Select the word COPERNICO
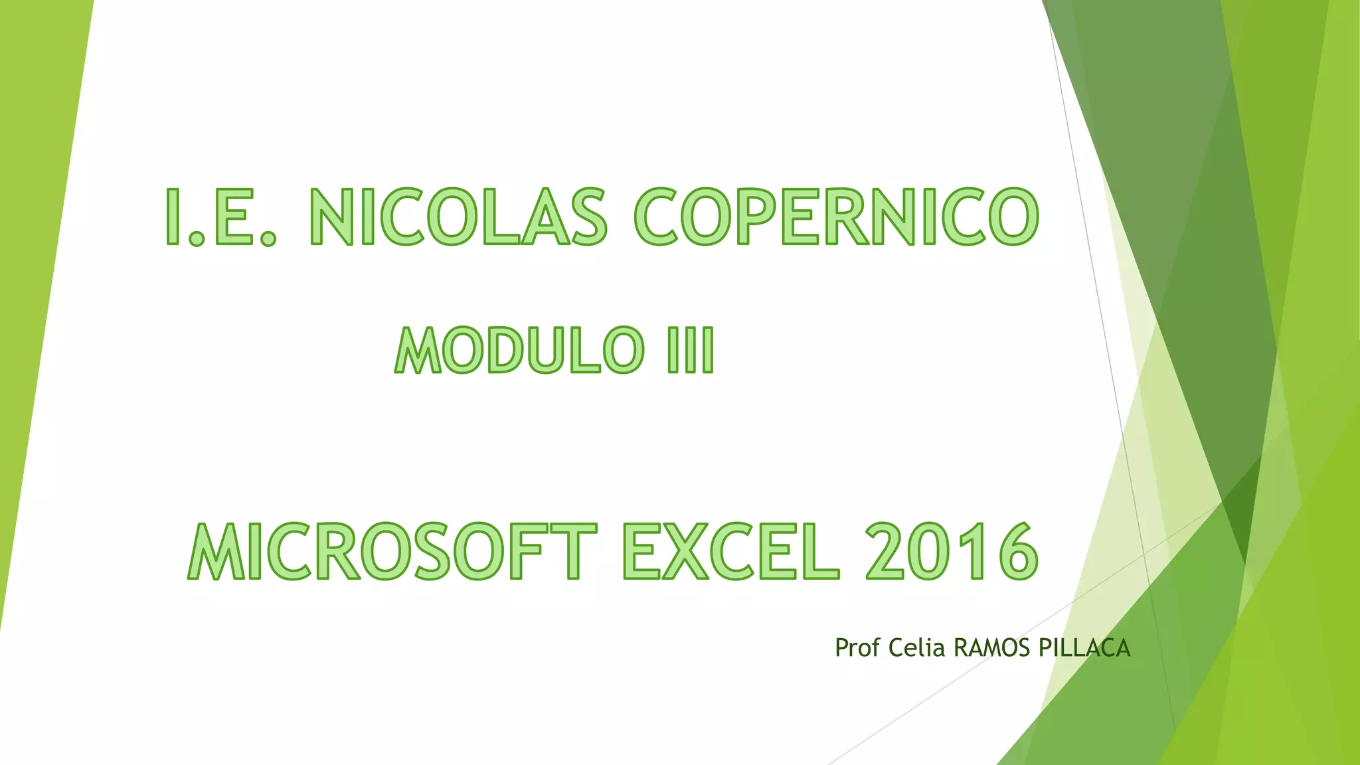pos(836,217)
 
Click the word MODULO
pos(519,350)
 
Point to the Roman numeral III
pos(691,350)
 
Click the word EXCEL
pos(731,551)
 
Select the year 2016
pos(951,551)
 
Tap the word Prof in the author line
pos(857,647)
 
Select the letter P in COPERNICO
pos(754,217)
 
